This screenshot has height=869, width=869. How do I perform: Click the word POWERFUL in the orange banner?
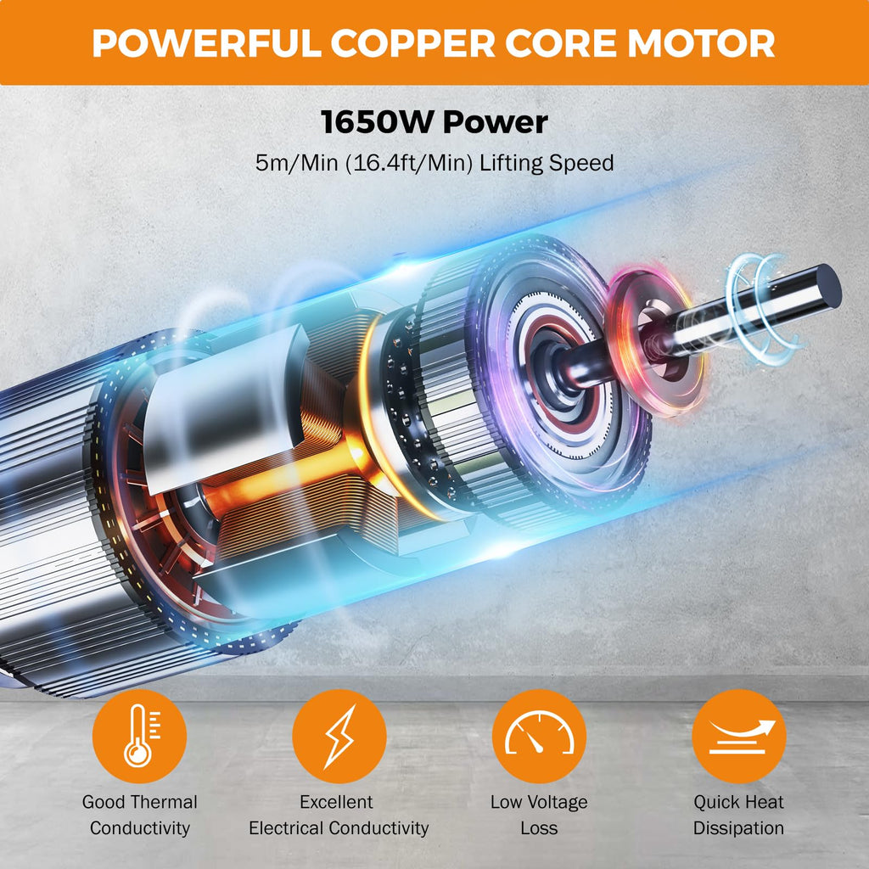point(207,42)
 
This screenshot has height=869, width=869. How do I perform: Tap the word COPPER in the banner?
point(413,42)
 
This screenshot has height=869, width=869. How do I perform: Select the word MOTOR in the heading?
point(701,42)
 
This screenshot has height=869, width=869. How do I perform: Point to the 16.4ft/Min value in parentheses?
point(409,163)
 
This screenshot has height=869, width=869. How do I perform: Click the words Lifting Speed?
point(547,163)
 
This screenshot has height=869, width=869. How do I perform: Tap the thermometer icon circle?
point(139,736)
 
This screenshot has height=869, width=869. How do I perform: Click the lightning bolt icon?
point(339,736)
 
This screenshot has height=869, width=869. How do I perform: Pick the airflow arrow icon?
point(739,736)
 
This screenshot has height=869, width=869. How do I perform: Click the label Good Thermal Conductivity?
point(140,815)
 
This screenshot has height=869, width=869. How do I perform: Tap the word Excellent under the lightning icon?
point(336,802)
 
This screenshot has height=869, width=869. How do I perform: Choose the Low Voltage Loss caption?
point(539,815)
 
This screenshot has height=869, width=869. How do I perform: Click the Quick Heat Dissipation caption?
point(739,815)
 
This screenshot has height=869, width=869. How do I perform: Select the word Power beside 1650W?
point(496,122)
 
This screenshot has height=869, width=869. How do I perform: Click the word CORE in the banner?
point(562,42)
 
